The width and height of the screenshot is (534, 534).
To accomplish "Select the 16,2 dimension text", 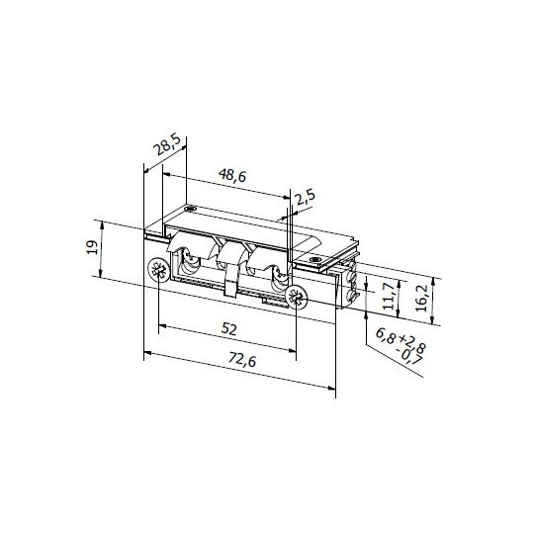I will tap(423, 295).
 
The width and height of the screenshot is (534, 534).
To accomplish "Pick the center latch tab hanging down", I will tap(231, 286).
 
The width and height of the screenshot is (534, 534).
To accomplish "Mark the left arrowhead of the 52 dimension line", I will tap(160, 324).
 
